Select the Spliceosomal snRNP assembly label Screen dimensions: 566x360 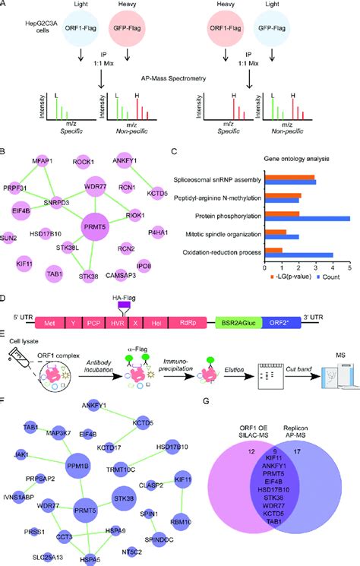click(x=219, y=179)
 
